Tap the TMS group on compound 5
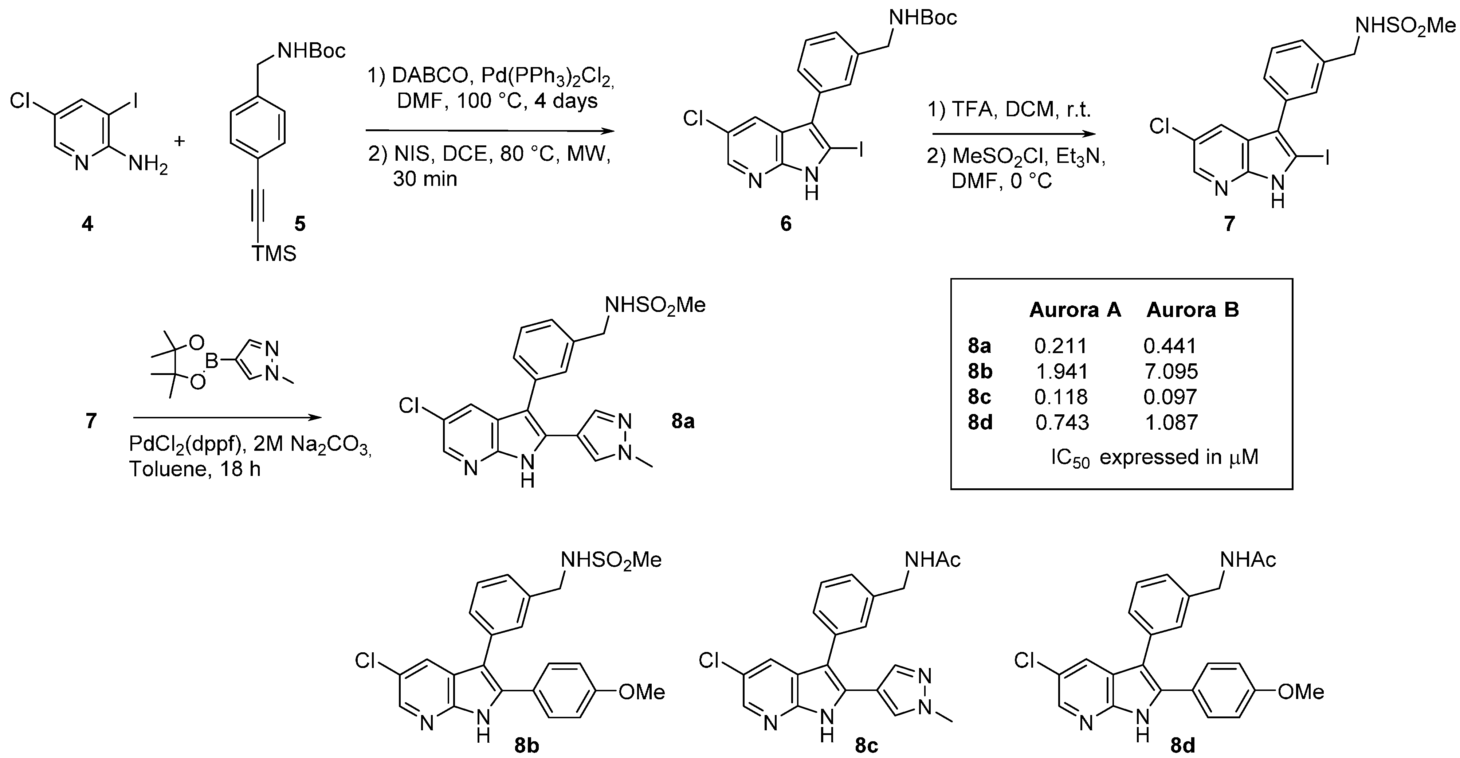[274, 253]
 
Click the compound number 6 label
[785, 224]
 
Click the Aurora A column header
[1075, 310]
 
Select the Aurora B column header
[1193, 310]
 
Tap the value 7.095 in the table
[1170, 371]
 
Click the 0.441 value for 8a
[1169, 346]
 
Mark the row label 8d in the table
[980, 422]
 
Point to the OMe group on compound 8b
[641, 692]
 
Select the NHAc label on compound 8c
[932, 560]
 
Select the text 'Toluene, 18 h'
[195, 469]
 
